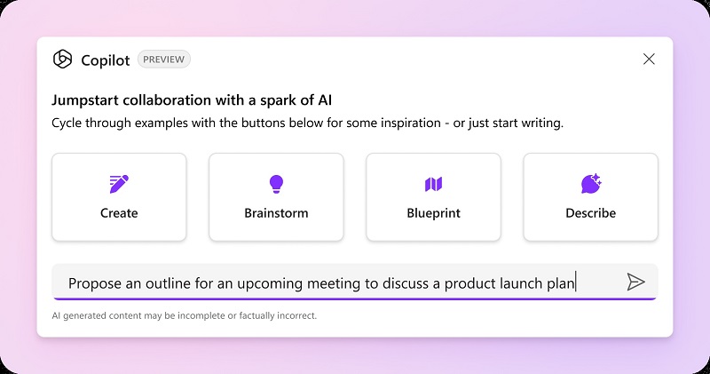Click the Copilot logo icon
(x=62, y=59)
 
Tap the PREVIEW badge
(x=164, y=60)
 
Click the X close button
(x=649, y=59)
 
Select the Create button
(x=119, y=197)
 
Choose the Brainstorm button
(x=276, y=197)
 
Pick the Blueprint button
(x=433, y=197)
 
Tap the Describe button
(x=590, y=197)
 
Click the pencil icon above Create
(x=119, y=184)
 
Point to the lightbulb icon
(x=276, y=184)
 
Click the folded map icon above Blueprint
(x=433, y=184)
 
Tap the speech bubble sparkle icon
(x=591, y=184)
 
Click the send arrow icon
(x=635, y=282)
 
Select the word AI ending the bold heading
(x=325, y=100)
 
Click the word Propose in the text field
(x=95, y=283)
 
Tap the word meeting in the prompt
(x=335, y=283)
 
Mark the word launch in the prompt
(x=521, y=283)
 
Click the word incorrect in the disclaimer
(x=297, y=315)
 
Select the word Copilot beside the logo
(x=106, y=60)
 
